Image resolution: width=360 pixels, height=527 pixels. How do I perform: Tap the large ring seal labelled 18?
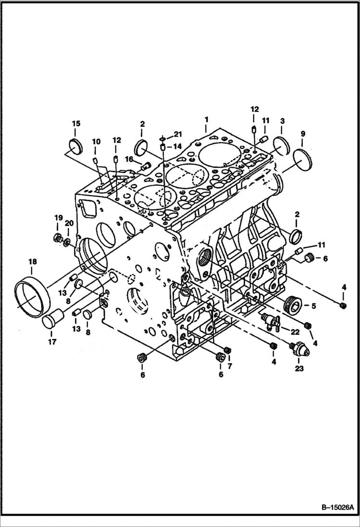tap(32, 294)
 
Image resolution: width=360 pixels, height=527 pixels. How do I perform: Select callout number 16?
tap(129, 159)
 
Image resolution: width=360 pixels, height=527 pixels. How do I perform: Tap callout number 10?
tap(96, 141)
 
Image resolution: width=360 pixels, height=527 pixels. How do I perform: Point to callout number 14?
tap(177, 146)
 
